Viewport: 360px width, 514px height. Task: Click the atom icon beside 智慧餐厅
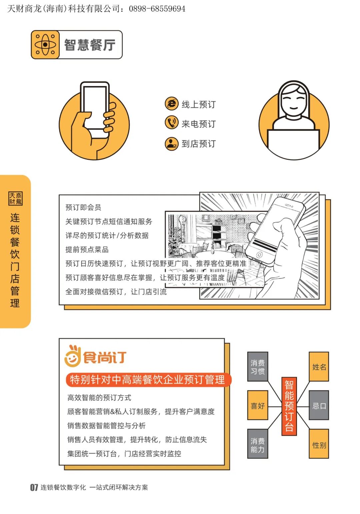tap(45, 45)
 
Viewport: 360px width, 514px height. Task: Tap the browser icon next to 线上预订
tap(172, 104)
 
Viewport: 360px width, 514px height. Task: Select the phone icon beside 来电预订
tap(172, 123)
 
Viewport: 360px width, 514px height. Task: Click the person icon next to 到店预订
tap(172, 143)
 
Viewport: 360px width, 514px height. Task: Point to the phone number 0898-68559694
tap(157, 9)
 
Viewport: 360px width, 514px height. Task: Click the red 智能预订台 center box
tap(289, 406)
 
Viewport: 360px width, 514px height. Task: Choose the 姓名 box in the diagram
tap(319, 367)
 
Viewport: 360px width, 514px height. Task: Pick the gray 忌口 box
tap(319, 405)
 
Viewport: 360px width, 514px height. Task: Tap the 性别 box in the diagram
tap(319, 445)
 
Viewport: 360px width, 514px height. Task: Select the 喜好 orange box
tap(258, 405)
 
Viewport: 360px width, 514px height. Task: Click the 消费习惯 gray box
tap(258, 367)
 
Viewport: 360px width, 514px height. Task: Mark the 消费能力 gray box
tap(258, 445)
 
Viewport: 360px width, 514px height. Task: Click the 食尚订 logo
tap(95, 356)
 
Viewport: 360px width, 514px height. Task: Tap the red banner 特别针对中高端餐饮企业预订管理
tap(148, 380)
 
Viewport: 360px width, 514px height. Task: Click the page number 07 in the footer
tap(34, 487)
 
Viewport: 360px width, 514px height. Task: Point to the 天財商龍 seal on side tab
tap(15, 198)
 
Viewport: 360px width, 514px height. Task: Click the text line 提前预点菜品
tap(87, 249)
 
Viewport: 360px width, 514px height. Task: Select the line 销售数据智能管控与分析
tap(106, 425)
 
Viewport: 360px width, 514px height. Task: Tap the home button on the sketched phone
tap(259, 255)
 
